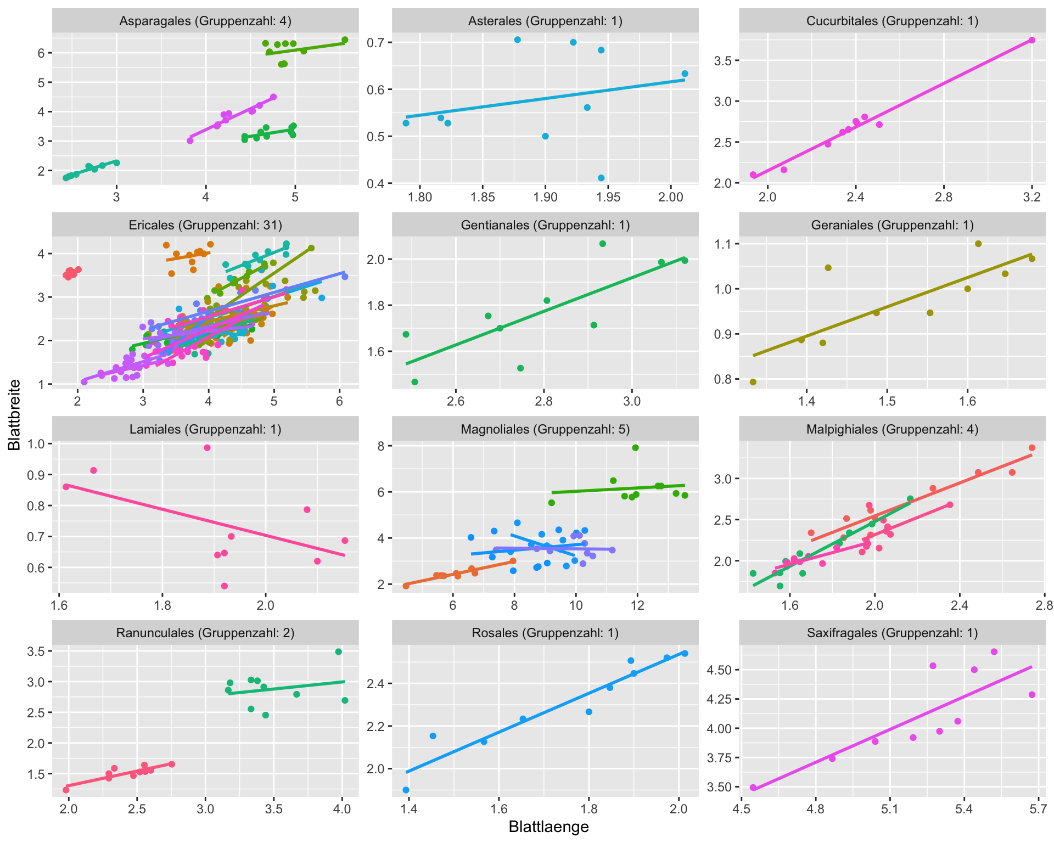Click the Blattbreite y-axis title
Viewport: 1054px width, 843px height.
coord(15,415)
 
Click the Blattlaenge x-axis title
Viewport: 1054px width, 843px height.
coord(548,827)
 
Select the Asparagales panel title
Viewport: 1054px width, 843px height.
coord(205,21)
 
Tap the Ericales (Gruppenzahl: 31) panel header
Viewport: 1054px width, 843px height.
coord(205,226)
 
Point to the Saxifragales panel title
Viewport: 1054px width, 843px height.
coord(892,633)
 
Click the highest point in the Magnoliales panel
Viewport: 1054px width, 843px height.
coord(635,448)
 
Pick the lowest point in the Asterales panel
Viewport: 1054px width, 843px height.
coord(601,178)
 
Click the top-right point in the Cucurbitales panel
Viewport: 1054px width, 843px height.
coord(1032,40)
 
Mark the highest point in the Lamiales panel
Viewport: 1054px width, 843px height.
coord(208,448)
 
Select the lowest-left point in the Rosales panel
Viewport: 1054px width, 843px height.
coord(406,790)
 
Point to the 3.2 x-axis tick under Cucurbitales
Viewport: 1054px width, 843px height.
coord(1032,198)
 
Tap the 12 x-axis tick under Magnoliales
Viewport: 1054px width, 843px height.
coord(637,606)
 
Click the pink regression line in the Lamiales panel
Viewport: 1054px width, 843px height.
coord(205,521)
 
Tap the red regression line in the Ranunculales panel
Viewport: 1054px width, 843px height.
coord(119,774)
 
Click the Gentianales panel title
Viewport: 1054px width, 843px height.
coord(545,226)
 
